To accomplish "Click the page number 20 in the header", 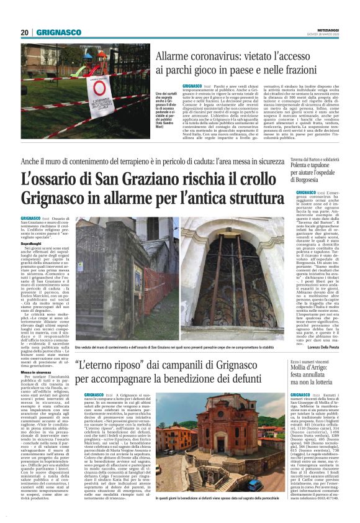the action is (25, 32).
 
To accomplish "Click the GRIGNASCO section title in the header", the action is (58, 32).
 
